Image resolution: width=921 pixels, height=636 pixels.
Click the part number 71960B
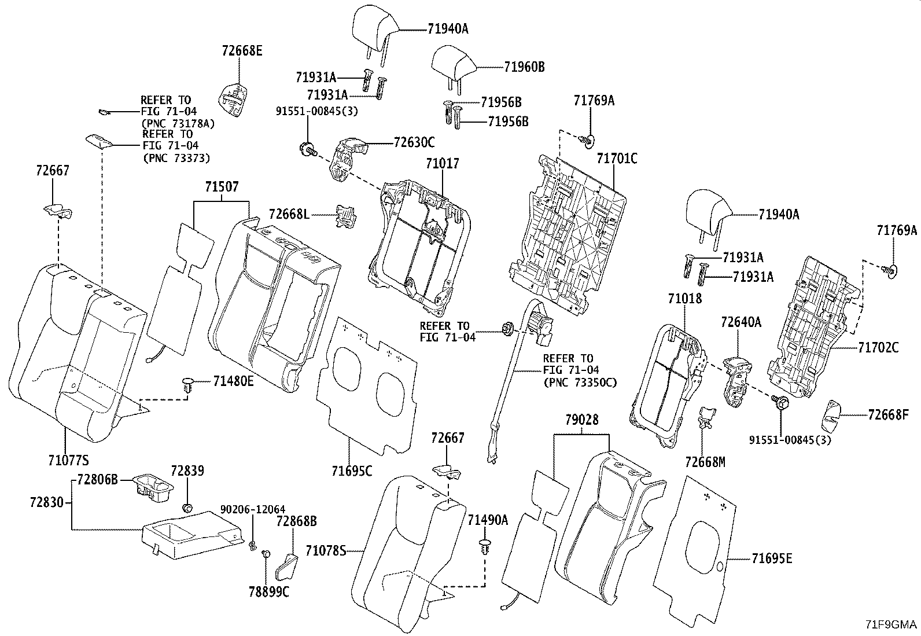point(524,67)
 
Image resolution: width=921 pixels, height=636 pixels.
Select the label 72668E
point(242,50)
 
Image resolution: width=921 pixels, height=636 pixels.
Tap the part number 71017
point(443,163)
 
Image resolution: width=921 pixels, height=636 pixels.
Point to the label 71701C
point(617,158)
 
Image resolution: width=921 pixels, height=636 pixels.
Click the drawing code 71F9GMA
point(891,624)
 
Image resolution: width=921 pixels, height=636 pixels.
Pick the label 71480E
point(233,381)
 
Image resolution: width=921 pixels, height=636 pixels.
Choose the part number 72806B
point(97,479)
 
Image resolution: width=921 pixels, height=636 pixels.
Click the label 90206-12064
point(252,510)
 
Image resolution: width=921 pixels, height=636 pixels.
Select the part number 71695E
point(772,558)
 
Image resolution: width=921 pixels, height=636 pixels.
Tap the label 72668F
point(888,415)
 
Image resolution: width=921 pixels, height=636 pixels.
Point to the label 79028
point(582,420)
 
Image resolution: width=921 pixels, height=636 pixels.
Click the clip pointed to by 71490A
point(485,547)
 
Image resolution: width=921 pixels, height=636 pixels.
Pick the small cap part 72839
point(187,507)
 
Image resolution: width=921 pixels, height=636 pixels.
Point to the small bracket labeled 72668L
point(346,216)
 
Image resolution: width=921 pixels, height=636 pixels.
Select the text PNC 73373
point(176,159)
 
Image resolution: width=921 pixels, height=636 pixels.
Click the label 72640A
point(741,322)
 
